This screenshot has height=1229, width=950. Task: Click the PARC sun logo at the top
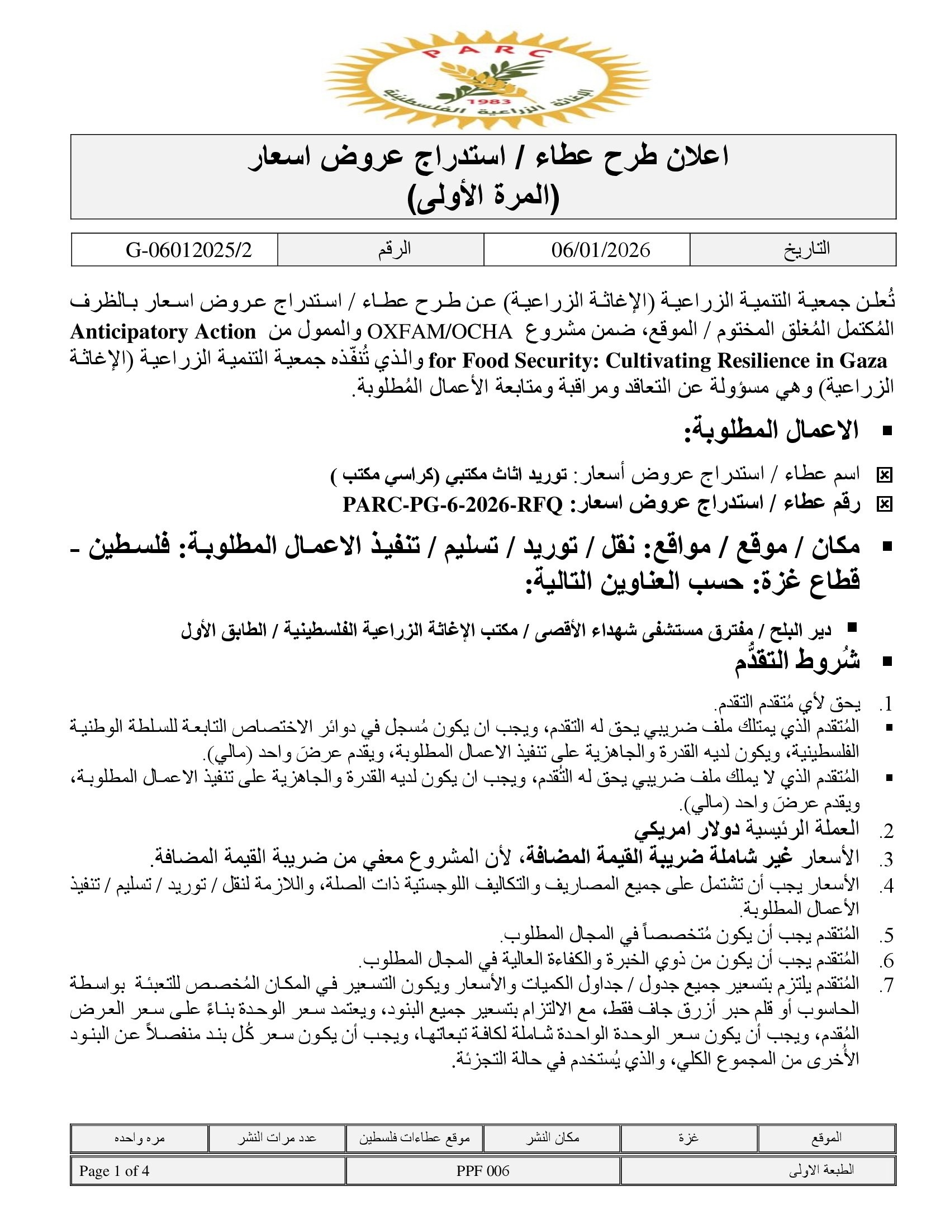click(487, 79)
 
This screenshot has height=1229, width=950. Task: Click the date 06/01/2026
click(601, 250)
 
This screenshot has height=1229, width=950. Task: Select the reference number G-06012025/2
click(188, 250)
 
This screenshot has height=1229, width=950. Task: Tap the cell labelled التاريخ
click(806, 249)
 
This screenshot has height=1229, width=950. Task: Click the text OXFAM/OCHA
click(440, 331)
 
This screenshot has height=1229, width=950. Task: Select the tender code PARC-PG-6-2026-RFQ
click(453, 505)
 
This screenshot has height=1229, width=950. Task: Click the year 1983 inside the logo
click(481, 102)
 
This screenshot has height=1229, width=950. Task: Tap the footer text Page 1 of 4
click(114, 1171)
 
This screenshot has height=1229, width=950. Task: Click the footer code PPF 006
click(482, 1171)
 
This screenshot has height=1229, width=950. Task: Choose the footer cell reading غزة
click(688, 1138)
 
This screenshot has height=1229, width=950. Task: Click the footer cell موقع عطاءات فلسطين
click(414, 1138)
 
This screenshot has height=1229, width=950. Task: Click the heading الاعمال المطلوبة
click(771, 431)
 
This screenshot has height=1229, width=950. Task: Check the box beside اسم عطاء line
click(884, 475)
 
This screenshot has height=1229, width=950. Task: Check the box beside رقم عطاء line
click(884, 505)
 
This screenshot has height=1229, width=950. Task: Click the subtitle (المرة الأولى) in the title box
click(483, 198)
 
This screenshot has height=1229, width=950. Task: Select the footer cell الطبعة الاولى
click(820, 1171)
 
